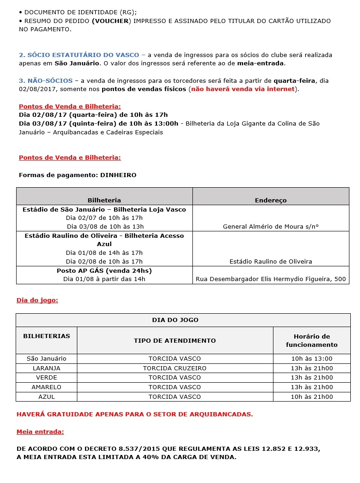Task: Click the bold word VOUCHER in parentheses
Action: coord(112,21)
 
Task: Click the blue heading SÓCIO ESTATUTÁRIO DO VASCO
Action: coord(82,55)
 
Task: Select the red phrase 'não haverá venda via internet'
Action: coord(243,89)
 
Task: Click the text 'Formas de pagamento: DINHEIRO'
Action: coord(77,175)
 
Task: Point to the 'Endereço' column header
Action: coord(271,200)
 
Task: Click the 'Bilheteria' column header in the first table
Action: coord(104,200)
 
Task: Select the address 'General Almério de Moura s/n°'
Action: coord(271,226)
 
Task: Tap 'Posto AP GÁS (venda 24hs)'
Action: coord(104,270)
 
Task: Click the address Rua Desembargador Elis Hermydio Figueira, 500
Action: coord(271,279)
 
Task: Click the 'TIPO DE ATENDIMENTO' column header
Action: coord(174,340)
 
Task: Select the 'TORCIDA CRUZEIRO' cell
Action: coord(174,368)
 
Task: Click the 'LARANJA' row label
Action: coord(46,368)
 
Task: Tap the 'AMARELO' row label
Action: coord(46,387)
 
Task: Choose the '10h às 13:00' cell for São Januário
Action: coord(312,358)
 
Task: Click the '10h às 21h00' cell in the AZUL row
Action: coord(312,397)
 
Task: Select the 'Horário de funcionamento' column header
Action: coord(312,340)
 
